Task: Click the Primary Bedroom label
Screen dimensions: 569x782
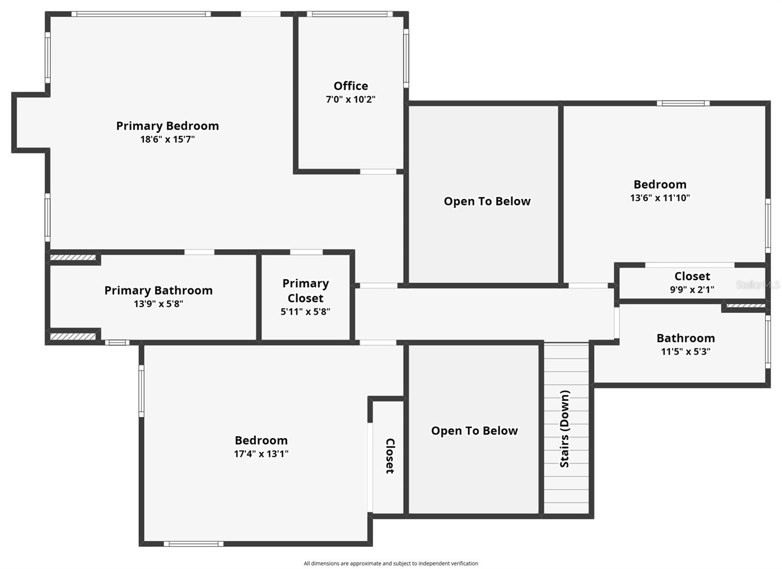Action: click(x=167, y=126)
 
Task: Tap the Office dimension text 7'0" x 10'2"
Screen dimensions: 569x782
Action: click(x=350, y=100)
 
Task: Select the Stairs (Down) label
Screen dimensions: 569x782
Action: click(x=565, y=428)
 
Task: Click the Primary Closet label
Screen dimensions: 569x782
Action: click(x=305, y=291)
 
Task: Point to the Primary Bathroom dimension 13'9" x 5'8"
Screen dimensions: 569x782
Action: click(x=158, y=304)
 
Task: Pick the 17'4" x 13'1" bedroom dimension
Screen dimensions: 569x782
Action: click(x=261, y=454)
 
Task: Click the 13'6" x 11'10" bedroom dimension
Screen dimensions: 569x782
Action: click(x=660, y=198)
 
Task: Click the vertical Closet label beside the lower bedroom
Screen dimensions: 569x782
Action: click(x=390, y=456)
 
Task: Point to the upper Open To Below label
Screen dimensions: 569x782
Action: click(x=487, y=201)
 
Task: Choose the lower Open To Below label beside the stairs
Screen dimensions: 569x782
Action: click(x=474, y=431)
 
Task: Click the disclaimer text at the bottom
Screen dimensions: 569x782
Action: click(x=391, y=563)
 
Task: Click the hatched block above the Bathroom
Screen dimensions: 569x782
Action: click(x=745, y=306)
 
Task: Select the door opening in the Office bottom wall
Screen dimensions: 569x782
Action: click(x=378, y=172)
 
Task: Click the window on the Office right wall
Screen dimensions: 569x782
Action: click(x=406, y=58)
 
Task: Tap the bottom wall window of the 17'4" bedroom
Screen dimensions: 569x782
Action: click(x=193, y=544)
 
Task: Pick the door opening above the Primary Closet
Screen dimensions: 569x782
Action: click(x=306, y=252)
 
